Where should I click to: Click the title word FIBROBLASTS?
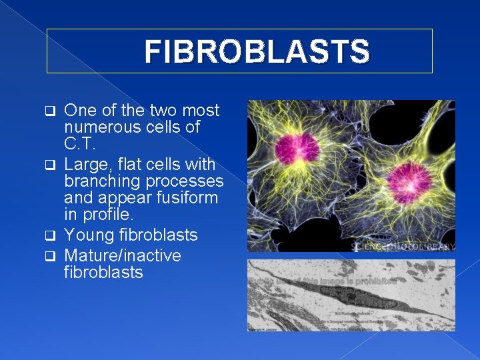tap(256, 51)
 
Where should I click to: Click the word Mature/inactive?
tap(123, 255)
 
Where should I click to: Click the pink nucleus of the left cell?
tap(297, 147)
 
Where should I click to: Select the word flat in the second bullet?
tap(133, 163)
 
